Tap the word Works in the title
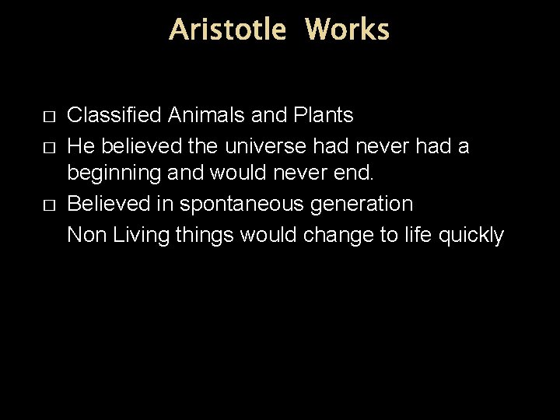(x=347, y=30)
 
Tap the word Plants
(x=323, y=116)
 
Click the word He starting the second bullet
(x=81, y=145)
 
